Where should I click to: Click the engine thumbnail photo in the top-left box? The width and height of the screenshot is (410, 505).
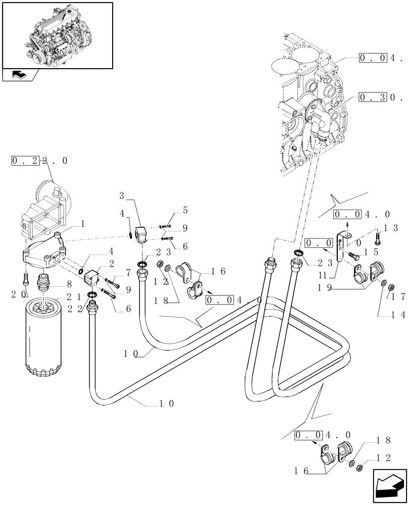click(57, 34)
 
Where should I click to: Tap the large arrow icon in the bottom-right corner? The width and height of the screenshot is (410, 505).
click(389, 485)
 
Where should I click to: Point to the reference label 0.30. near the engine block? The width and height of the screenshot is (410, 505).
click(376, 96)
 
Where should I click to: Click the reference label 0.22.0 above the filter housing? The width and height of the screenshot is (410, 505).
click(39, 161)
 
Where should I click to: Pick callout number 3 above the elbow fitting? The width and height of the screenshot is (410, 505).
click(122, 194)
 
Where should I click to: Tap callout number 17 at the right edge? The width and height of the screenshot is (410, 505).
click(399, 297)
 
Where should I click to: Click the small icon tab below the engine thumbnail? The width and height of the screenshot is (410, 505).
click(21, 75)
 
